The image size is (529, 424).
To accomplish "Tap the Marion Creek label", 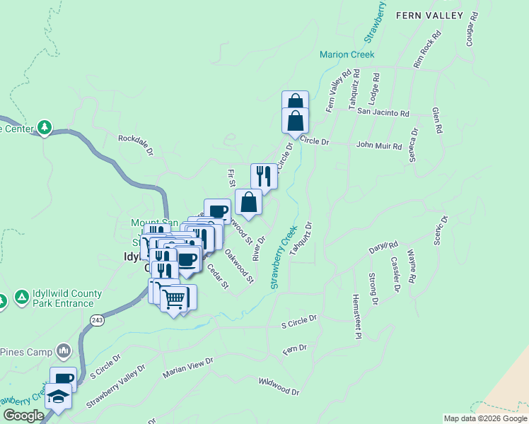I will coord(347,54).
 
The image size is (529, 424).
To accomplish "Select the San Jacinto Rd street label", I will coord(383,113).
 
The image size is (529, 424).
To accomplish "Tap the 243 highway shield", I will coord(97,319).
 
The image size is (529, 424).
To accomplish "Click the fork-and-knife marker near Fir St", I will coord(264,176).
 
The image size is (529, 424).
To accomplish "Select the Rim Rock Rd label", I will coord(427,49).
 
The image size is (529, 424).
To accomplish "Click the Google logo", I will coord(23,416).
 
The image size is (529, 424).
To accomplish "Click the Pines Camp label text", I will coord(26,352).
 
